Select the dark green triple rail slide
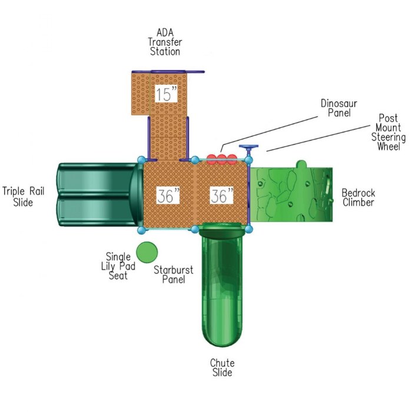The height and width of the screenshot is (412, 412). pos(97,195)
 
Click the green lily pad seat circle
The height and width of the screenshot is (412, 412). pos(147,252)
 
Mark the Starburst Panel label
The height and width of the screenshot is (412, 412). pos(173,275)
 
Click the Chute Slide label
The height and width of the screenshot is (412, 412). pos(222,368)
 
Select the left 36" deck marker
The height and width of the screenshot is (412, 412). pos(168,197)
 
